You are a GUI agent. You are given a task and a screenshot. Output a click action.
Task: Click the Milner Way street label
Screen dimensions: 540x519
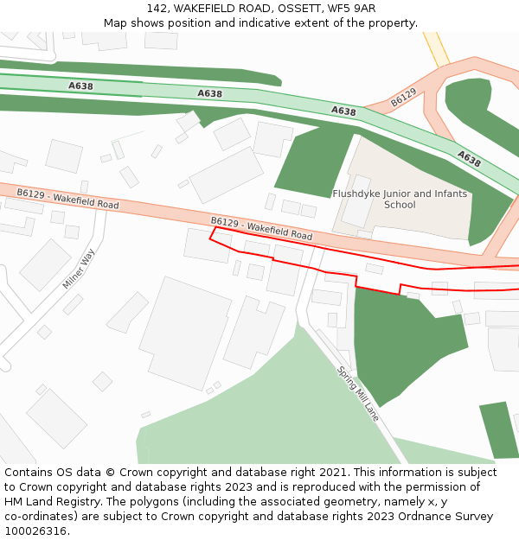pyautogui.click(x=78, y=269)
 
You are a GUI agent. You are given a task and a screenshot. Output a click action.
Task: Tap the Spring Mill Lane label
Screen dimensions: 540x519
pyautogui.click(x=358, y=393)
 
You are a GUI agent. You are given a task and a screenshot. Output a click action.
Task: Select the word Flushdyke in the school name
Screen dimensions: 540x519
pyautogui.click(x=359, y=194)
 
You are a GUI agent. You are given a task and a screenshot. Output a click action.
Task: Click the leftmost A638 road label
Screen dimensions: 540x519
pyautogui.click(x=80, y=86)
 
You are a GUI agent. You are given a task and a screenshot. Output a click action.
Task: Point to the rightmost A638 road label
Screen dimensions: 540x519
pyautogui.click(x=469, y=158)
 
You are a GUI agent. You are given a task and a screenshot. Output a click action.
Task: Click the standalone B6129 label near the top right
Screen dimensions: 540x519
pyautogui.click(x=403, y=98)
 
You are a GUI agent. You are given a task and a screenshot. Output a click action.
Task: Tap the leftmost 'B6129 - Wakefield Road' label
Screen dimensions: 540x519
pyautogui.click(x=67, y=199)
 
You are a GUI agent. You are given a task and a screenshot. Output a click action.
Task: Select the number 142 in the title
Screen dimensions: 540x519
pyautogui.click(x=157, y=9)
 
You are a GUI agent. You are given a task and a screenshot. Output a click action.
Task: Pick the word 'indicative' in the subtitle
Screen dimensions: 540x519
pyautogui.click(x=279, y=22)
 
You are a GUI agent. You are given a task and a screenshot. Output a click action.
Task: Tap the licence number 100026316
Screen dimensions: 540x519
pyautogui.click(x=36, y=531)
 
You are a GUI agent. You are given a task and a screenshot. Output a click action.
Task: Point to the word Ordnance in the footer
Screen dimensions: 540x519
pyautogui.click(x=399, y=517)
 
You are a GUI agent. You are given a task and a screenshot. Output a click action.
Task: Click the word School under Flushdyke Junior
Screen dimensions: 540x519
pyautogui.click(x=400, y=206)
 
